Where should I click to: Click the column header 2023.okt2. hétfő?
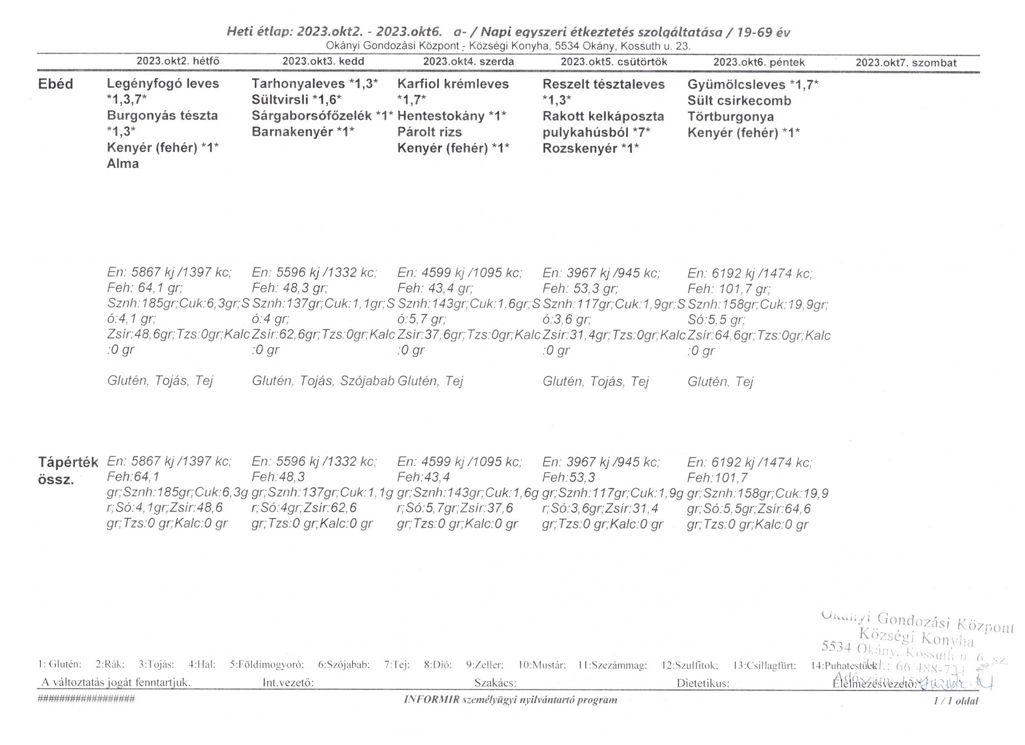[x=178, y=61]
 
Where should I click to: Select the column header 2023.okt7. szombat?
[x=906, y=63]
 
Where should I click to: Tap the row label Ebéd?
[x=55, y=85]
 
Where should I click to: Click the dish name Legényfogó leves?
[x=163, y=84]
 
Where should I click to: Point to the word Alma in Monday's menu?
[x=122, y=163]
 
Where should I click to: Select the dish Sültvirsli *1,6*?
[x=296, y=100]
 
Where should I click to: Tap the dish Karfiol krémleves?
[x=453, y=84]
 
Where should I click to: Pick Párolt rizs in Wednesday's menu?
[x=429, y=132]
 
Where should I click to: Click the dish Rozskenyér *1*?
[x=591, y=148]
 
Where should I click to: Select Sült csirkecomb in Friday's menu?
[x=739, y=100]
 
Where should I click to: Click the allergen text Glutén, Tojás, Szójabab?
[x=323, y=381]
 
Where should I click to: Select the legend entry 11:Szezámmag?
[x=612, y=665]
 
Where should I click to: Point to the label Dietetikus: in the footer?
[x=703, y=683]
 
